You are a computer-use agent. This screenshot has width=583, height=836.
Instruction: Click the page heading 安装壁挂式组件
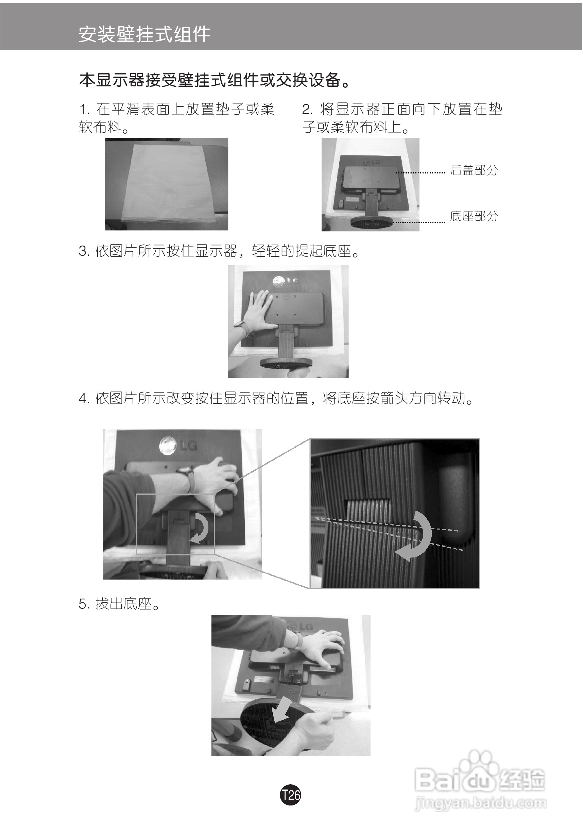[x=144, y=35]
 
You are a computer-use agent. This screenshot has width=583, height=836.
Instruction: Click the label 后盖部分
[x=474, y=170]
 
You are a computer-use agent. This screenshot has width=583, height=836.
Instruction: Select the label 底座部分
[x=474, y=216]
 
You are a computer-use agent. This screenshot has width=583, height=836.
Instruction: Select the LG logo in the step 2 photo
[x=370, y=161]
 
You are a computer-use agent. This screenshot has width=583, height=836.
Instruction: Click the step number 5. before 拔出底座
[x=84, y=604]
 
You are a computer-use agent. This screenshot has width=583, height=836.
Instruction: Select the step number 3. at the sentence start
[x=84, y=251]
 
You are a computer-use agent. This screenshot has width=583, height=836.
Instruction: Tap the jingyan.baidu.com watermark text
[x=480, y=803]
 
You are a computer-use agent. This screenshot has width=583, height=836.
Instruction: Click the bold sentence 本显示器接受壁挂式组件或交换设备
[x=215, y=80]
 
